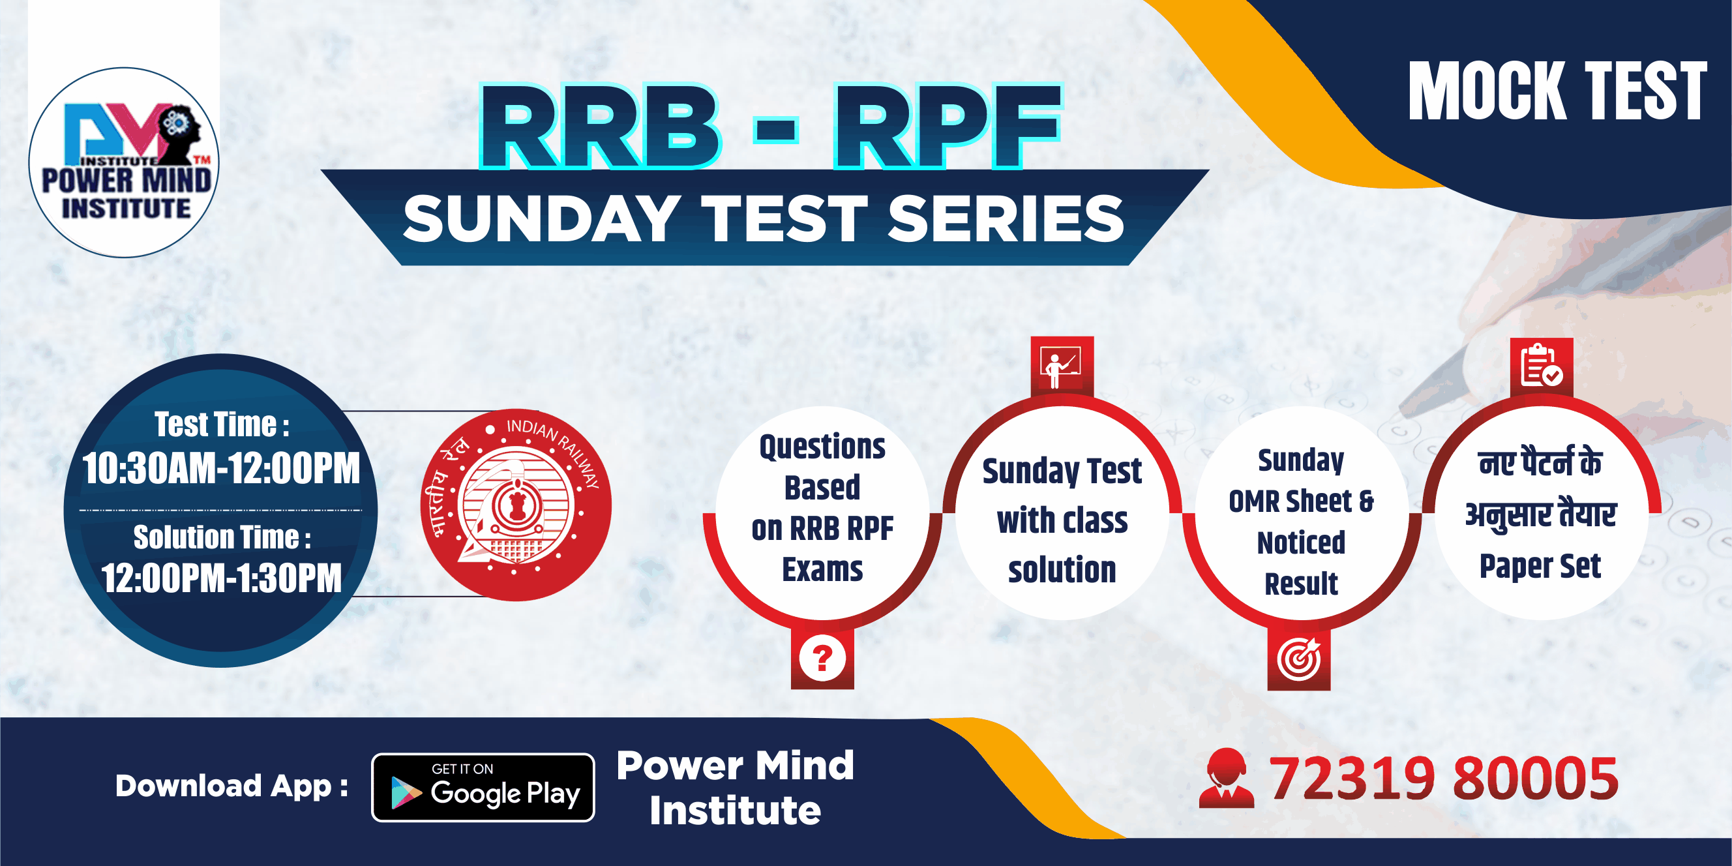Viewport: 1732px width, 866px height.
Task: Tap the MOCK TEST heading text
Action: (1557, 91)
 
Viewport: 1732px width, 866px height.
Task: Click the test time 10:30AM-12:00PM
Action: (220, 468)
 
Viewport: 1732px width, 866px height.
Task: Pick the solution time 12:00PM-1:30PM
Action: (221, 578)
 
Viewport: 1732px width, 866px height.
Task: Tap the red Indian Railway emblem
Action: (516, 504)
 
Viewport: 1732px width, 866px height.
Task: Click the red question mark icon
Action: (822, 657)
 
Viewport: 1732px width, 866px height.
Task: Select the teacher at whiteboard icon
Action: (1062, 367)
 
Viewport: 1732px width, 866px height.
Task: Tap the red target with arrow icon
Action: (1299, 659)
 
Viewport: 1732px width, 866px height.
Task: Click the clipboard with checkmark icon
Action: (1541, 367)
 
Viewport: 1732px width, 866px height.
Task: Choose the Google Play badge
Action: (483, 787)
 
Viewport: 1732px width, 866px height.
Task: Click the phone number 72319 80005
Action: (1443, 779)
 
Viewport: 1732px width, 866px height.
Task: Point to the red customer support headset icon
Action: (1227, 778)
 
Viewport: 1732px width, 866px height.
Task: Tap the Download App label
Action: (232, 786)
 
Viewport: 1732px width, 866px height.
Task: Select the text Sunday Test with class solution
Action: (1062, 520)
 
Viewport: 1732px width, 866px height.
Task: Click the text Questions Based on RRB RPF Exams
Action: (822, 507)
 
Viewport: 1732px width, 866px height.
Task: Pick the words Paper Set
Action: (1540, 566)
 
